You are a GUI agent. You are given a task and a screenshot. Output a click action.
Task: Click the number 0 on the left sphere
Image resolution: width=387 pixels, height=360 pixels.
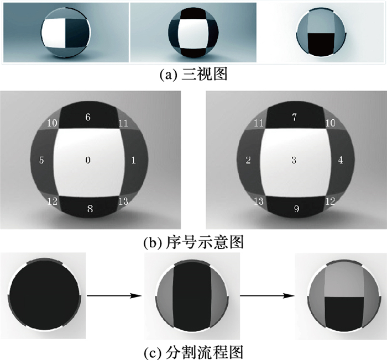point(88,160)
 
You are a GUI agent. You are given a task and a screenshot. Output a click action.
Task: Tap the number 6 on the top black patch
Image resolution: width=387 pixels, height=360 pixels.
point(88,117)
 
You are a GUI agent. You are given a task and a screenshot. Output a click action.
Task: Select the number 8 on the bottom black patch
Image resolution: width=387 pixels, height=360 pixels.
point(90,209)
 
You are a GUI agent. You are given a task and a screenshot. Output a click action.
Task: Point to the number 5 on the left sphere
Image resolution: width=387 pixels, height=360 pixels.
point(41,160)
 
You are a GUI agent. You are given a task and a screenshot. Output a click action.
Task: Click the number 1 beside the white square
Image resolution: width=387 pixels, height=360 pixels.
point(134,161)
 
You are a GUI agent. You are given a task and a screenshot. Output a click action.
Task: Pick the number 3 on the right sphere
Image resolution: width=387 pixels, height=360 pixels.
point(294,160)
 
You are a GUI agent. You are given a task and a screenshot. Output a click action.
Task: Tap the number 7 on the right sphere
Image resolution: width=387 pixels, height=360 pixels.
point(294,117)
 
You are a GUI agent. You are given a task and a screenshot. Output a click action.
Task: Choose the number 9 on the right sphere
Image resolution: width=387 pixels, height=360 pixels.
point(296,209)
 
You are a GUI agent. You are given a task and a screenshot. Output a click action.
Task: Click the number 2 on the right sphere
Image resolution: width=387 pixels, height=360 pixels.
point(248,160)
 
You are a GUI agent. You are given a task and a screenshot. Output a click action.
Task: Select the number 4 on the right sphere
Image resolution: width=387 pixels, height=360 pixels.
point(341,160)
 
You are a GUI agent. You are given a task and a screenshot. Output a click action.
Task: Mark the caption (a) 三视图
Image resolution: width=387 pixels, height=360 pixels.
point(193,74)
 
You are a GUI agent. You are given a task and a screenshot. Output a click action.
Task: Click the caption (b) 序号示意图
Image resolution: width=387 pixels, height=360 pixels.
point(193,242)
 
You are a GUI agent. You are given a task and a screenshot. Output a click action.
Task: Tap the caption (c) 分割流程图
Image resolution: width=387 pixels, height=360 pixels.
point(193,352)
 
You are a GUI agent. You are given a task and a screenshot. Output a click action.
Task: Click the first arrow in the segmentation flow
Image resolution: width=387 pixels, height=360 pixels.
point(114,295)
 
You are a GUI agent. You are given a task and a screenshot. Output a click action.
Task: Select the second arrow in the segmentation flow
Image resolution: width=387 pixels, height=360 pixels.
point(268,295)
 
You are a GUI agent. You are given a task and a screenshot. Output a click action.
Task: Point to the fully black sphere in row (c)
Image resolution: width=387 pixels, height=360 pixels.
point(44,295)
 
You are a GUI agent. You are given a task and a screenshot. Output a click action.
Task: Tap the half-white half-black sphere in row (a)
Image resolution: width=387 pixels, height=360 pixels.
point(66,33)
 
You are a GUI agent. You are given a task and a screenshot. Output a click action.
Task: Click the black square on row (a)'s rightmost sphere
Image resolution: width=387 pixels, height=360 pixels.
point(321,44)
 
